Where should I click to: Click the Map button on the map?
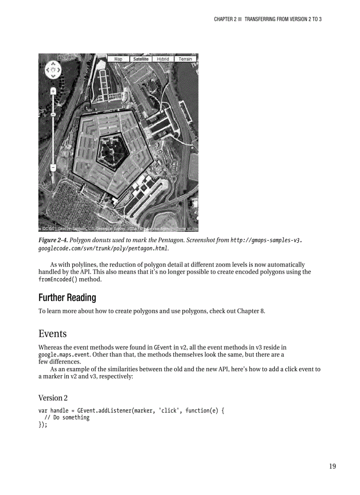(118, 59)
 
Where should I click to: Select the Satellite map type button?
(140, 59)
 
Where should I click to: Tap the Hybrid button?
(163, 59)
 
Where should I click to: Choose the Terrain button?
(185, 59)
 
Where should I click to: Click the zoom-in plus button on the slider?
(53, 91)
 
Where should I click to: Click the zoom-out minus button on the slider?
(53, 168)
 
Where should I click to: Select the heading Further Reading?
(67, 298)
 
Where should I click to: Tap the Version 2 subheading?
(53, 398)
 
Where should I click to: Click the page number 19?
(332, 466)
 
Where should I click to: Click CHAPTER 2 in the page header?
(225, 19)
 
